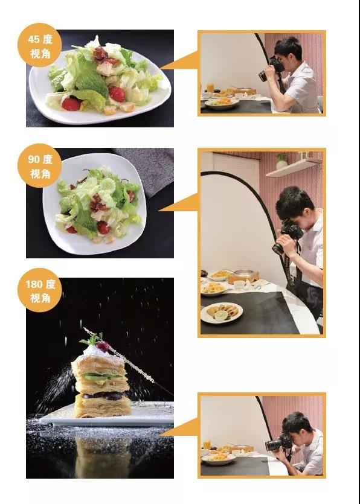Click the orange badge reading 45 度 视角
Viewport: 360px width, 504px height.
[x=40, y=45]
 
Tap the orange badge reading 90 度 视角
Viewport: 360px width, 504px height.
[x=40, y=165]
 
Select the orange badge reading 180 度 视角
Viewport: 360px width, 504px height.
[x=40, y=290]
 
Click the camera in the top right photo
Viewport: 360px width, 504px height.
[x=272, y=69]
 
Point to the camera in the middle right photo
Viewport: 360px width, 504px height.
[x=287, y=235]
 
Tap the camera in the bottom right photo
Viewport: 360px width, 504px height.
[x=278, y=442]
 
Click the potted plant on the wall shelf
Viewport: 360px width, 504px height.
[x=282, y=161]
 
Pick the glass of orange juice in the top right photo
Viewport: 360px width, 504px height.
[x=210, y=88]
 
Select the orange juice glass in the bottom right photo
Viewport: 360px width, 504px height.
[x=207, y=445]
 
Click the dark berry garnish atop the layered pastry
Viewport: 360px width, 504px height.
[x=103, y=346]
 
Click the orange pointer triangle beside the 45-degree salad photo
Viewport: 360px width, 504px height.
[x=179, y=60]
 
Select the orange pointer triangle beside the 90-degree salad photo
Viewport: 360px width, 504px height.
[x=179, y=202]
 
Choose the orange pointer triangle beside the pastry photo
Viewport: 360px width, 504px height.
[x=179, y=427]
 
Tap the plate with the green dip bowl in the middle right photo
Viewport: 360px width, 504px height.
[x=221, y=313]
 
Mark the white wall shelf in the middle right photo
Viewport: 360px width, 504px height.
[x=294, y=167]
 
